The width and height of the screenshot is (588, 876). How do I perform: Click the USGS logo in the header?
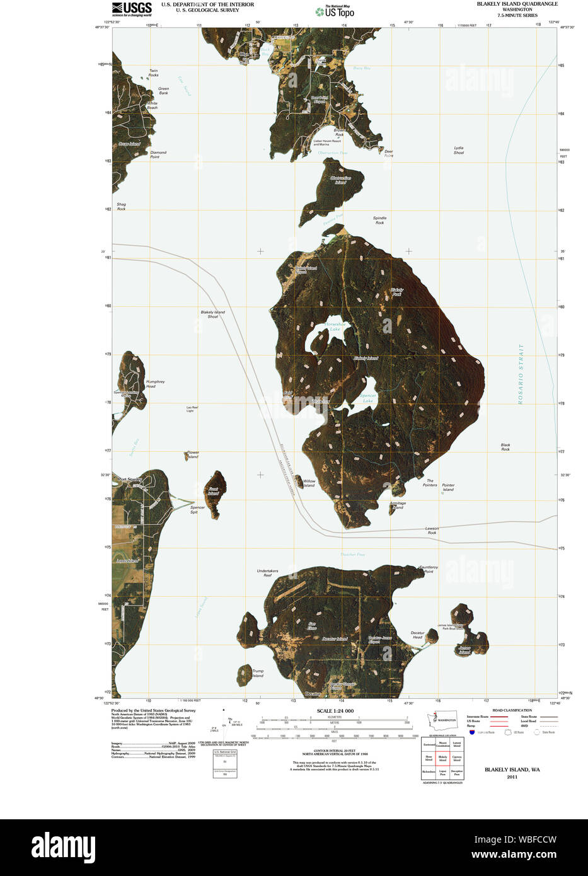pyautogui.click(x=132, y=9)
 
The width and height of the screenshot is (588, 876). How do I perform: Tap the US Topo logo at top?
pyautogui.click(x=335, y=11)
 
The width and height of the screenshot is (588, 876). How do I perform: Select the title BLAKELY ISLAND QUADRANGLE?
pyautogui.click(x=517, y=4)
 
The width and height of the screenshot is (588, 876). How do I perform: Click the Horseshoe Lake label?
pyautogui.click(x=335, y=326)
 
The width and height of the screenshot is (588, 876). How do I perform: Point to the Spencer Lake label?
pyautogui.click(x=368, y=398)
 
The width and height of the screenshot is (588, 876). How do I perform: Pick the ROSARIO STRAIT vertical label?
pyautogui.click(x=521, y=373)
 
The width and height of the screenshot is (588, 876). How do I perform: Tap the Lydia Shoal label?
pyautogui.click(x=459, y=150)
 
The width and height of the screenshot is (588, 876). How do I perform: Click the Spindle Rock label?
pyautogui.click(x=379, y=220)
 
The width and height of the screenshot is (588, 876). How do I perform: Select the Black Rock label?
pyautogui.click(x=505, y=447)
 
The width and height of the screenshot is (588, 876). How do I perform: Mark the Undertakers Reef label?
pyautogui.click(x=267, y=573)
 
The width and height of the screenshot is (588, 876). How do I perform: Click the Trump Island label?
pyautogui.click(x=258, y=673)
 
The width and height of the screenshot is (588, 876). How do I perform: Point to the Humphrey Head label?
pyautogui.click(x=155, y=383)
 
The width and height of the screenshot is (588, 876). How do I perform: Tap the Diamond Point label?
pyautogui.click(x=158, y=154)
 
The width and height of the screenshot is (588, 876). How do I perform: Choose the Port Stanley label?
pyautogui.click(x=129, y=480)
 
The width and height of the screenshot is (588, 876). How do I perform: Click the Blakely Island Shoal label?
pyautogui.click(x=213, y=314)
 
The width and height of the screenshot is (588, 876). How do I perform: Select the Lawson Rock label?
pyautogui.click(x=432, y=530)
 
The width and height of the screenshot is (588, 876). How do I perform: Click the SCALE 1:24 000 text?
pyautogui.click(x=335, y=711)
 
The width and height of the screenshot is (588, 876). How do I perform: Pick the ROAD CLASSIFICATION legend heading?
pyautogui.click(x=512, y=710)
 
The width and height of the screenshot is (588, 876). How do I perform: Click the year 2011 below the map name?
pyautogui.click(x=512, y=777)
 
